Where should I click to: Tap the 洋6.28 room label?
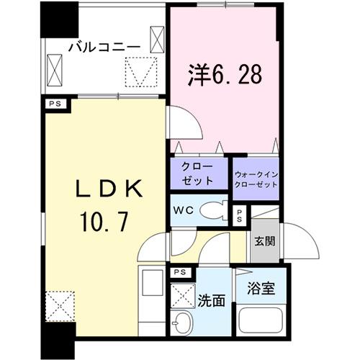tap(222, 73)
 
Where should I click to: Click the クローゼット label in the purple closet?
tap(197, 174)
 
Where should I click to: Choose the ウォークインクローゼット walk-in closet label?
tap(256, 179)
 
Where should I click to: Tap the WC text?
tap(181, 212)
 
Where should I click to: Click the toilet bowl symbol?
tap(212, 211)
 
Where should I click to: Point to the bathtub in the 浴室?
tap(262, 322)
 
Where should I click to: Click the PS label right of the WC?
tap(240, 215)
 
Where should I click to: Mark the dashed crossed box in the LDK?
tap(60, 305)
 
